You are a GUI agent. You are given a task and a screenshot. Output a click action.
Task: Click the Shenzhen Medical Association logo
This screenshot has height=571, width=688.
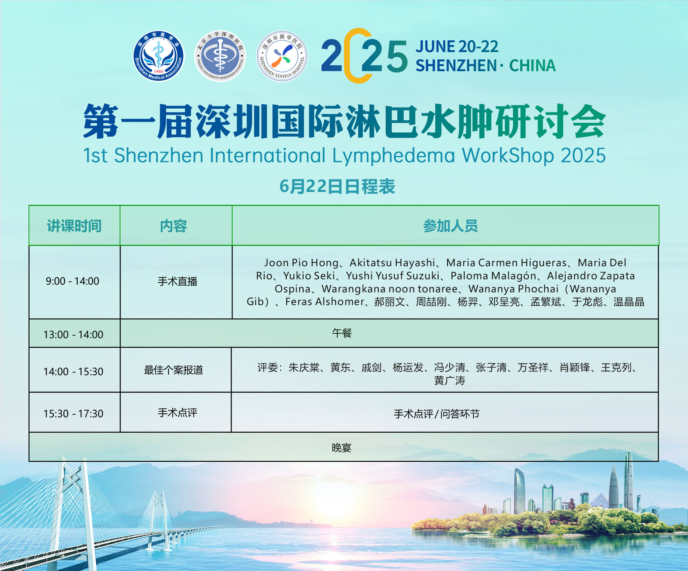[x=158, y=56]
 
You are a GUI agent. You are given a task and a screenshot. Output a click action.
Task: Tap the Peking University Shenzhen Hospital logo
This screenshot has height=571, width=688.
[x=220, y=56]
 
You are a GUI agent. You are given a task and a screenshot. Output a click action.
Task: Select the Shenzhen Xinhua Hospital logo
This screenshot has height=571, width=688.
[x=282, y=56]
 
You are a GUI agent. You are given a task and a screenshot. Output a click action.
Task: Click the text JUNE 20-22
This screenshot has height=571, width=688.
[x=457, y=47]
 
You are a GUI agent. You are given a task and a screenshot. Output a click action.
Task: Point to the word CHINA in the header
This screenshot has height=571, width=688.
[x=532, y=66]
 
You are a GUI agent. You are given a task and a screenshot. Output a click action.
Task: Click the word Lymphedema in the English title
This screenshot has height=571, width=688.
[x=393, y=156]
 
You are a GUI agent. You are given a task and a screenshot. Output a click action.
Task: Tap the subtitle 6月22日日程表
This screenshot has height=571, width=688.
[x=337, y=186]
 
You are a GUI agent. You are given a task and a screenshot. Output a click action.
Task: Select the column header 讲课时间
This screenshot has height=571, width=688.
[x=74, y=226]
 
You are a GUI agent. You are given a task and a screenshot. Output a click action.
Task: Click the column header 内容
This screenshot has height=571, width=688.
[x=173, y=226]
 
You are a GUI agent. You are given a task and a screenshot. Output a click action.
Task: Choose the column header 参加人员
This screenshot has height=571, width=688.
[x=450, y=226]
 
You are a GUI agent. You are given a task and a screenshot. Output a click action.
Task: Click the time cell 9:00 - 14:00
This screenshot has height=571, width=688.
[x=72, y=281]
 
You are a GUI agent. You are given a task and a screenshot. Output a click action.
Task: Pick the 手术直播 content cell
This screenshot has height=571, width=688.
[x=178, y=281]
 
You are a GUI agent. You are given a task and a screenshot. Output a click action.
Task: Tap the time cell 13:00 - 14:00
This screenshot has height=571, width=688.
[x=73, y=334]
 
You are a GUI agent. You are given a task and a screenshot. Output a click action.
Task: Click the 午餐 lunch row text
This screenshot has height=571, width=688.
[x=342, y=333]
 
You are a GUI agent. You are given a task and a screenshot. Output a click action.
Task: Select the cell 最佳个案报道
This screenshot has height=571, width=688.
[x=173, y=370]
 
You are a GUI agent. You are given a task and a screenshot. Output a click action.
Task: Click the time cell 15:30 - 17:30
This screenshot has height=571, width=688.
[x=73, y=414]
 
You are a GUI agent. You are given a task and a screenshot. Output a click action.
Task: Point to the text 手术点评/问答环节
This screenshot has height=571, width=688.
[x=436, y=414]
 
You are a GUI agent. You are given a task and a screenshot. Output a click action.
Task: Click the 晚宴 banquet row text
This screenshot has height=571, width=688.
[x=342, y=448]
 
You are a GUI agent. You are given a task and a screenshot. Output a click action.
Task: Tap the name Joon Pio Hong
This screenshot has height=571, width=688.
[x=301, y=263]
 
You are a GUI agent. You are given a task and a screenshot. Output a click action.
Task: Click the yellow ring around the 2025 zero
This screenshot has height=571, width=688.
[x=346, y=56]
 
